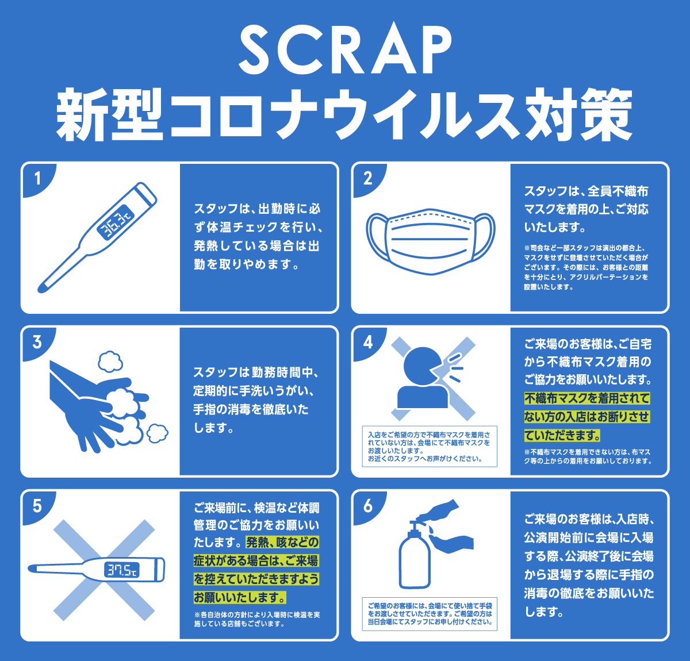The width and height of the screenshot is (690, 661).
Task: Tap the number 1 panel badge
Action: tap(37, 179)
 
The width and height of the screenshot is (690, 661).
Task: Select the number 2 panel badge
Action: tap(368, 179)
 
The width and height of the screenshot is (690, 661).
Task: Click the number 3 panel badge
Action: tap(37, 343)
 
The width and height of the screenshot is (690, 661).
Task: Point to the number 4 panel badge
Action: tap(368, 343)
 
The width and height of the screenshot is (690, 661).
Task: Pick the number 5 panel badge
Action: tap(37, 506)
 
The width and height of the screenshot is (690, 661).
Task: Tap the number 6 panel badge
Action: tap(368, 506)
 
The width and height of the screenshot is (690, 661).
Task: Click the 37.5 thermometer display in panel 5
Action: tap(122, 570)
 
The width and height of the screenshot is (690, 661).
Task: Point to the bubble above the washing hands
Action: tap(110, 361)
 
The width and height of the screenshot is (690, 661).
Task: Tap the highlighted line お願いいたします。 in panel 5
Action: tap(240, 598)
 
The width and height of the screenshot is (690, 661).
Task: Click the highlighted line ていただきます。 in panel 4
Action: tap(562, 435)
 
